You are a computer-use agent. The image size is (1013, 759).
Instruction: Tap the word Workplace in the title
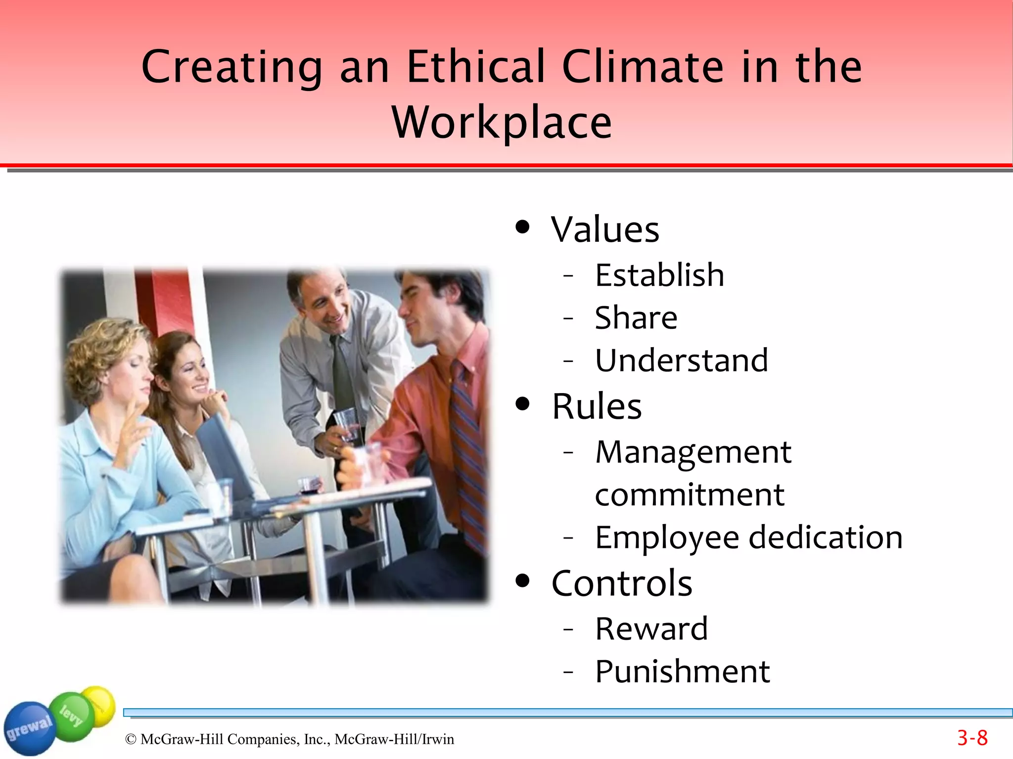coord(502,123)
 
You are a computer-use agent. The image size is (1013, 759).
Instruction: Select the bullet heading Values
coord(605,230)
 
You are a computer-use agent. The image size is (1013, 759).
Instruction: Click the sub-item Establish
coord(659,275)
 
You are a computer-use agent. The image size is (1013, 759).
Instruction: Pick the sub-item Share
coord(636,317)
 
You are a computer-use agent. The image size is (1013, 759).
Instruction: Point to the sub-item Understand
coord(681,360)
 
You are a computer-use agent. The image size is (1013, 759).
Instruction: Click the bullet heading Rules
coord(597,406)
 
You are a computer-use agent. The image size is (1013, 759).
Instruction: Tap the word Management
coord(693,452)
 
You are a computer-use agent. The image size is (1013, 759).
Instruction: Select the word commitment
coord(690,494)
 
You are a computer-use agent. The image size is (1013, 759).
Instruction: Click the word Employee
coord(667,537)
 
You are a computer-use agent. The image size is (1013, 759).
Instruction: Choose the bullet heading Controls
coord(622,583)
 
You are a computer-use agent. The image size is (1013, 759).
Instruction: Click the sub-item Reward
coord(651,629)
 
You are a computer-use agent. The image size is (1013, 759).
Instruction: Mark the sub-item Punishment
coord(682,671)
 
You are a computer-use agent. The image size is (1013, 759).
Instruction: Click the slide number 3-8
coord(972,738)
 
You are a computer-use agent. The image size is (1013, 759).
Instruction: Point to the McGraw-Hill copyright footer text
coord(289,739)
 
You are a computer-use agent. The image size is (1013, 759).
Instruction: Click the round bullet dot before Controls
coord(522,581)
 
